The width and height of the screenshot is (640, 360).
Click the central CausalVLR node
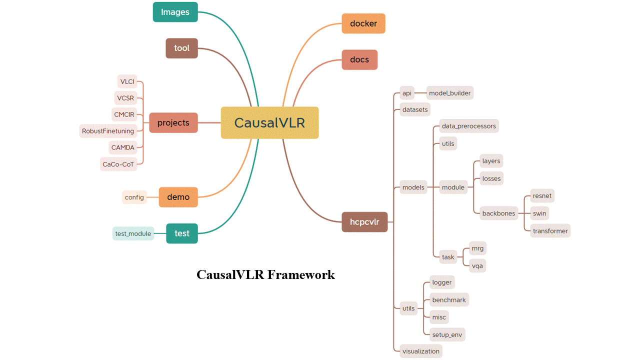pos(269,122)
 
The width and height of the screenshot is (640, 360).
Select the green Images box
pos(175,12)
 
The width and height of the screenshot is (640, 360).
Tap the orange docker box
pos(363,23)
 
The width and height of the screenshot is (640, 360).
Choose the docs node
pos(359,59)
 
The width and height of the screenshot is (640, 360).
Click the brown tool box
pos(181,48)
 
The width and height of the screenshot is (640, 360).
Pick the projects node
pos(173,122)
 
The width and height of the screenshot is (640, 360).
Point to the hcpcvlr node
pos(364,222)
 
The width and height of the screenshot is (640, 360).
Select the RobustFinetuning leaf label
pos(108,131)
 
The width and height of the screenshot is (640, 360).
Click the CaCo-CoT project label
pos(118,164)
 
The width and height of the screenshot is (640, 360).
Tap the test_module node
pos(133,233)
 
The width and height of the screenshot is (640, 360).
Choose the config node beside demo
pos(134,197)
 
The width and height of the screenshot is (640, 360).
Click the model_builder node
pos(449,93)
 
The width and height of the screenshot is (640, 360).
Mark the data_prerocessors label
pos(469,126)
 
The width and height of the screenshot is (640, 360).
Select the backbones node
pos(498,213)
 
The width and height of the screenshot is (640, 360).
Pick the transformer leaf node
pos(550,231)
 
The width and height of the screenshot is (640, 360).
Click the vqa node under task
pos(477,265)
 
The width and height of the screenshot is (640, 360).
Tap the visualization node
pos(421,351)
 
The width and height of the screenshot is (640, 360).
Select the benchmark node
pos(449,300)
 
